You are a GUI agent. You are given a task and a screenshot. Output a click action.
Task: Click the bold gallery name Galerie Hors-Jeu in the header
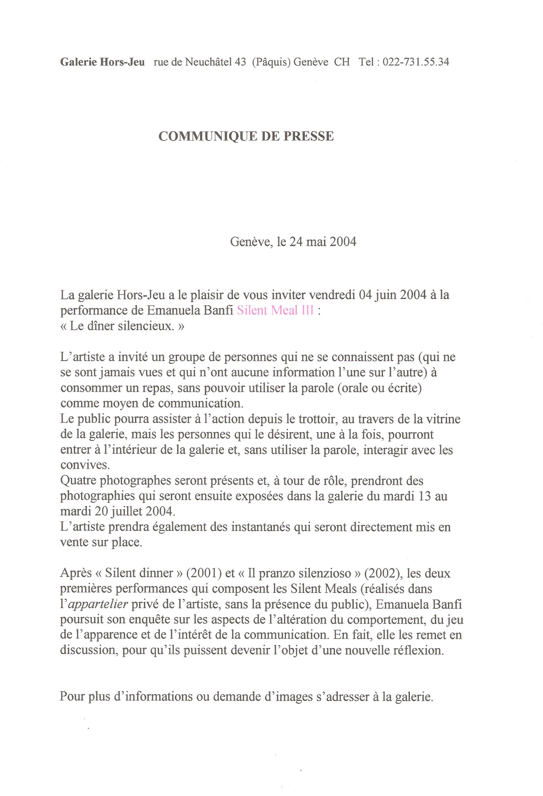(103, 62)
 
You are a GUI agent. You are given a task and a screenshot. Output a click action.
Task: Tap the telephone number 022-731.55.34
(416, 62)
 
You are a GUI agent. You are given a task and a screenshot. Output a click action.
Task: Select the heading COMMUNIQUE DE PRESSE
(246, 136)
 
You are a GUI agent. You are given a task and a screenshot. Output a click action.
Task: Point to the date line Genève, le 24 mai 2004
(293, 241)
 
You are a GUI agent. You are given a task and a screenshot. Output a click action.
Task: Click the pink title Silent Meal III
(275, 310)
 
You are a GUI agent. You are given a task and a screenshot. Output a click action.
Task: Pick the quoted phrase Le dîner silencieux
(122, 326)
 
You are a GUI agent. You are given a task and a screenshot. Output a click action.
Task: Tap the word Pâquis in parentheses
(271, 62)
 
